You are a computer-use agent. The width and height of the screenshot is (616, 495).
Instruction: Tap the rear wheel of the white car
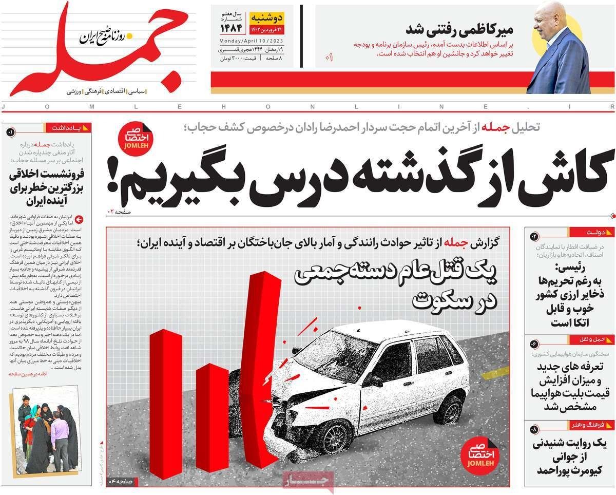[450, 408]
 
